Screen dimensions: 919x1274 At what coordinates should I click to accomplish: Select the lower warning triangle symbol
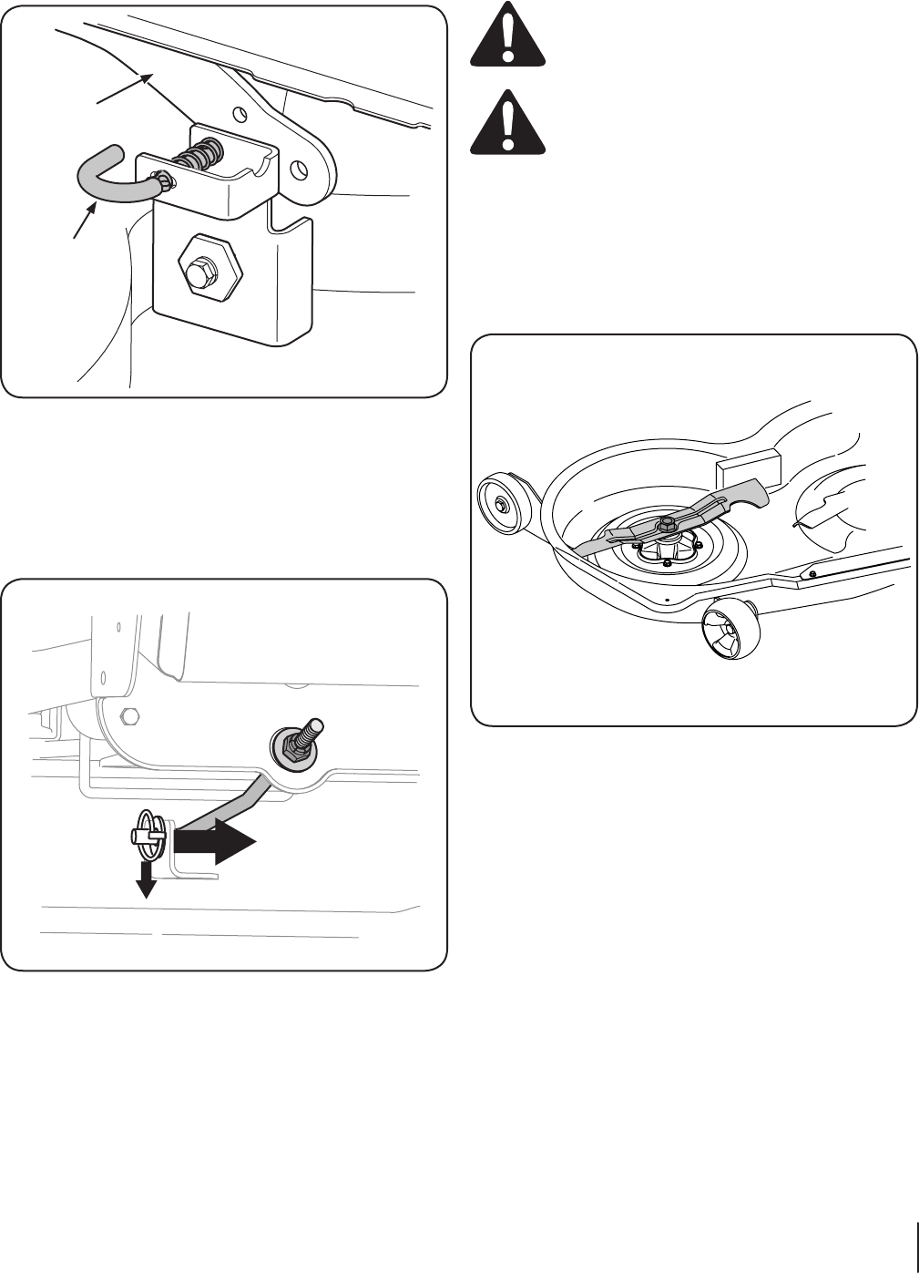tap(507, 125)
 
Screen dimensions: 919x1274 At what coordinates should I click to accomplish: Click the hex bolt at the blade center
tap(665, 523)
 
